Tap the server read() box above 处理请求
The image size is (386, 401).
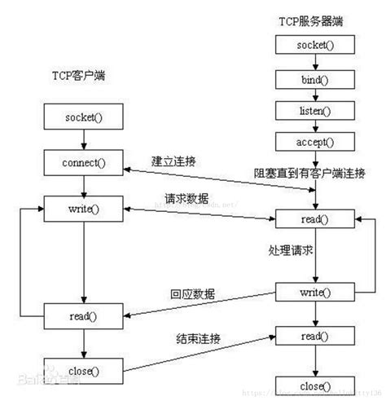pos(315,220)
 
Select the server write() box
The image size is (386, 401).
pos(315,291)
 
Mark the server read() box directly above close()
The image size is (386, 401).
pos(315,335)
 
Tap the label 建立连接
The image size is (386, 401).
pos(176,161)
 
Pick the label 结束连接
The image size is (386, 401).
pos(199,337)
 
